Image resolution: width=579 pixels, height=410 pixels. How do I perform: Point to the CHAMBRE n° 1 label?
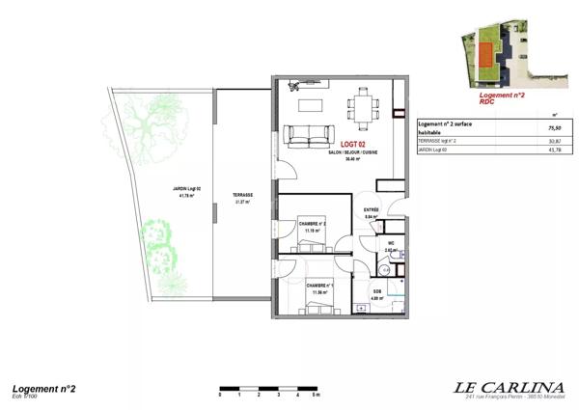click(x=319, y=286)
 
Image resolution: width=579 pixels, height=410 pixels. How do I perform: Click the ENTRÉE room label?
click(x=371, y=209)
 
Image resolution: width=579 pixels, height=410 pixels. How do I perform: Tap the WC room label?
click(x=390, y=243)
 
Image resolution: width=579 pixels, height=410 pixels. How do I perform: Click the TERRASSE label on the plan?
click(x=242, y=195)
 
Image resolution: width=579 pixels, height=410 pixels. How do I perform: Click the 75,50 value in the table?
click(x=554, y=127)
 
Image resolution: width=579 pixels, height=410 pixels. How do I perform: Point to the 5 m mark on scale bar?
click(x=317, y=396)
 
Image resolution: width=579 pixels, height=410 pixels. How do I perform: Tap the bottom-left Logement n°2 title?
click(x=43, y=387)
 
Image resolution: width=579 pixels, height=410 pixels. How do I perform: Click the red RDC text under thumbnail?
click(x=488, y=103)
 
